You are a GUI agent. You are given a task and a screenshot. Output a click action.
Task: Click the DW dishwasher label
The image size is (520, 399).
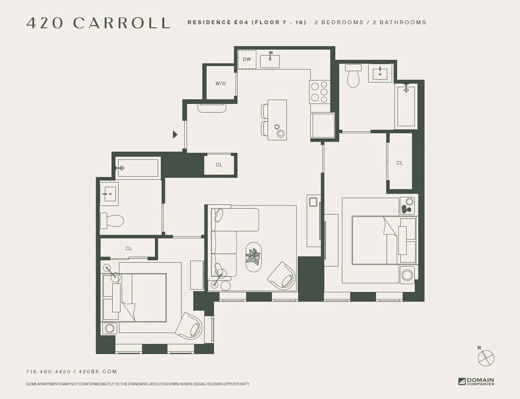point(247,59)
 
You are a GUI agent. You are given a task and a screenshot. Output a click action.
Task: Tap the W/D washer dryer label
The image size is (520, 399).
point(221,84)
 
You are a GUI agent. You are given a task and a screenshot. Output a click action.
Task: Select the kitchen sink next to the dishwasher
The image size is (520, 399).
point(270,61)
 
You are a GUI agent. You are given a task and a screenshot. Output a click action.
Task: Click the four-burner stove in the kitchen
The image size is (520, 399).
point(318,92)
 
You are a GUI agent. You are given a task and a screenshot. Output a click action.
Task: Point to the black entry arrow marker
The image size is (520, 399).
point(175,134)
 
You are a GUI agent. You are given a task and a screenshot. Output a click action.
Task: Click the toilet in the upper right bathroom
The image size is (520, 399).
point(353,76)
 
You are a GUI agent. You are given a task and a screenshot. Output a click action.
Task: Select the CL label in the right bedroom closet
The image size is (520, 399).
point(399,163)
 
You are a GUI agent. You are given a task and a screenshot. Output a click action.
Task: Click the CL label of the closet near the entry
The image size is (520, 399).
point(219,165)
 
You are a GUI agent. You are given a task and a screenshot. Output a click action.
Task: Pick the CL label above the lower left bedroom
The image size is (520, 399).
point(129,249)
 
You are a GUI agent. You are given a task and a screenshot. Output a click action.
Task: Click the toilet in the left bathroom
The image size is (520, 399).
point(112,221)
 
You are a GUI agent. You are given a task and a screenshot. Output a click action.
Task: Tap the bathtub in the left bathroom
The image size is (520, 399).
point(137,168)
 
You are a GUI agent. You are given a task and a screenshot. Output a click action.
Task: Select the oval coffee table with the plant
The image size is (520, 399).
point(254,257)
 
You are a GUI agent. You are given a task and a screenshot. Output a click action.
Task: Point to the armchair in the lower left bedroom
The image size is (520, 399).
point(189,326)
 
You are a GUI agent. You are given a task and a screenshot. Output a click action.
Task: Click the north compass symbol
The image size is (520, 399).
point(486,358)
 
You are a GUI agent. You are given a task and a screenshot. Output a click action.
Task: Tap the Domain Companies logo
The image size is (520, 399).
point(476,381)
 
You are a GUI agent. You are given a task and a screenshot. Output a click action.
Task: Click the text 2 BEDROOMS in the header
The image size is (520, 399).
point(339,22)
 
